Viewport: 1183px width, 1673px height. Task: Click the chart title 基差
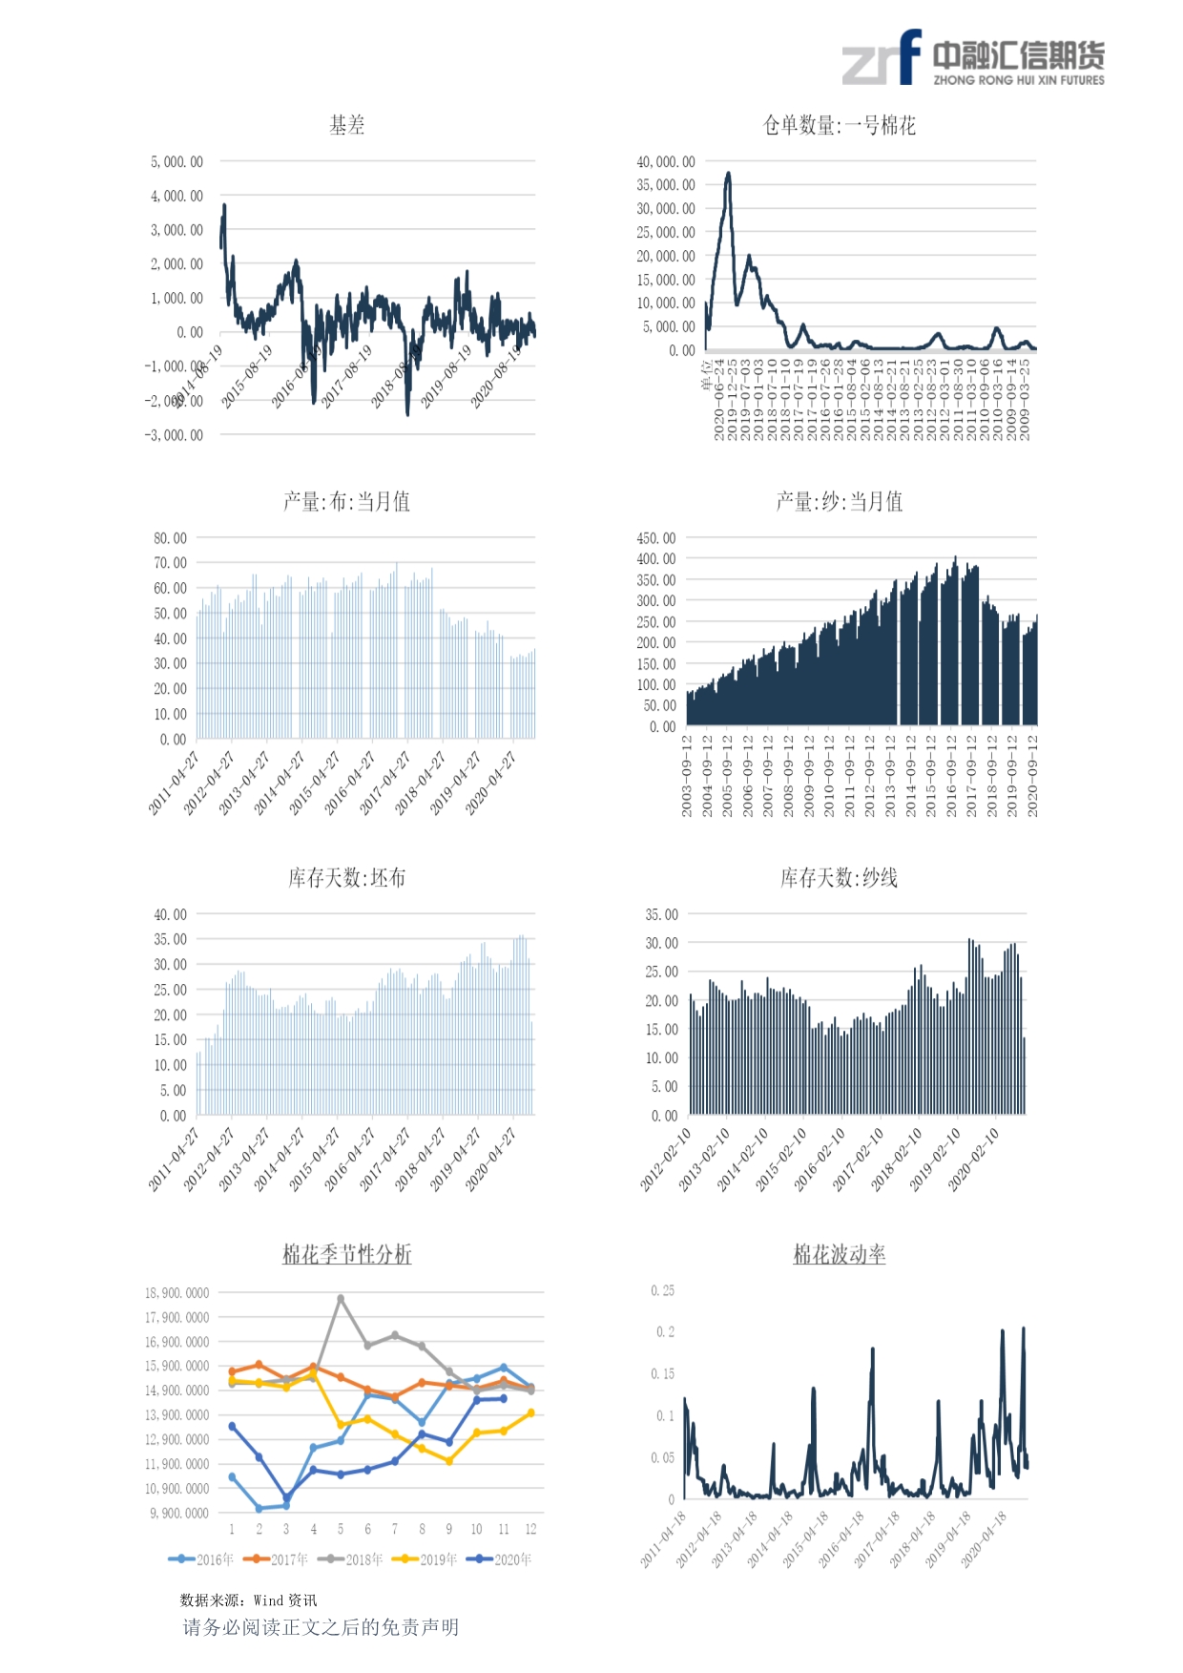346,125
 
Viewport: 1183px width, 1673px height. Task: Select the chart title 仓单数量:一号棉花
839,125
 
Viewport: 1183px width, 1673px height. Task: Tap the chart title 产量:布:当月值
346,501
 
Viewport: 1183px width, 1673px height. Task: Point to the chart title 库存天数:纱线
839,877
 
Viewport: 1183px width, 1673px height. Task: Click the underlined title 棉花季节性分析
346,1254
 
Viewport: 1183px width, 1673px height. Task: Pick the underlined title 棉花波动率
839,1254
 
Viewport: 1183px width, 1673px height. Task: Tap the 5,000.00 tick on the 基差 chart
176,162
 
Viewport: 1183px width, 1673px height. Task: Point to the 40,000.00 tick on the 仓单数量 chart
666,162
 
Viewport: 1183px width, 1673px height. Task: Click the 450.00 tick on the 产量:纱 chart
656,538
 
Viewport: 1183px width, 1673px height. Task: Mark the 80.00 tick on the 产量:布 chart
171,538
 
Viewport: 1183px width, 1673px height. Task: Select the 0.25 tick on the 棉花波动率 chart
663,1290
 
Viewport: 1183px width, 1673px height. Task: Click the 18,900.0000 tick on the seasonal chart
176,1293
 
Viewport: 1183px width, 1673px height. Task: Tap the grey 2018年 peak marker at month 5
341,1299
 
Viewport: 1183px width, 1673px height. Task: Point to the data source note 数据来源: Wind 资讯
248,1600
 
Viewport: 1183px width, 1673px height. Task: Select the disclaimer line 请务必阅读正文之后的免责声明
321,1627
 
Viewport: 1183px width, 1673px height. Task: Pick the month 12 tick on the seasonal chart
530,1529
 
